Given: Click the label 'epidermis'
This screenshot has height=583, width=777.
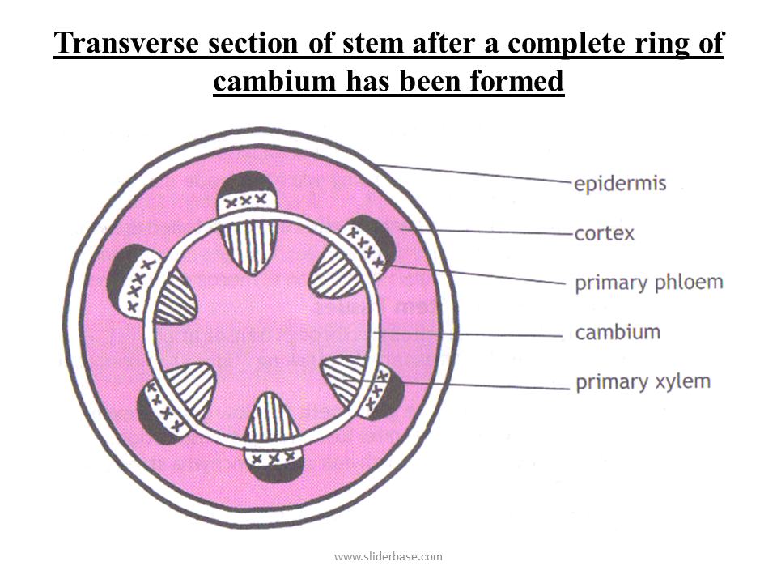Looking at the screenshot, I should (620, 183).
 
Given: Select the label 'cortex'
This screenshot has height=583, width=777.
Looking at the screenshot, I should (604, 234).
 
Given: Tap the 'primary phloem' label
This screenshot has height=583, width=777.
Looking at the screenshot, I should (648, 283).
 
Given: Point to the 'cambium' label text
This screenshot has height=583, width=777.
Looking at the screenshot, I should (617, 332).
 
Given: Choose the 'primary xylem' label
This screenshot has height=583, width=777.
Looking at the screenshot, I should (643, 381).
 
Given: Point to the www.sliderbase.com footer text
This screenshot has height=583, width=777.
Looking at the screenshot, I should (388, 556).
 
